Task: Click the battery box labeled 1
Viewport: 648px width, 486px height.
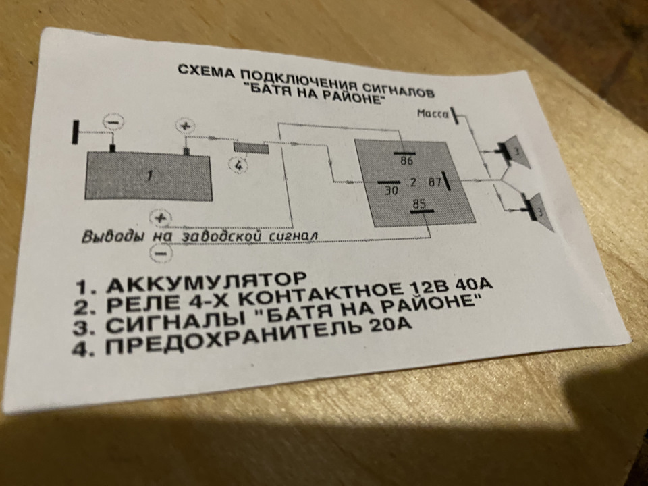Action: pyautogui.click(x=148, y=176)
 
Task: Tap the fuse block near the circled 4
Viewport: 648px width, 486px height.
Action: pyautogui.click(x=251, y=148)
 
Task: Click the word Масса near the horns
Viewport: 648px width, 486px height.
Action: pyautogui.click(x=432, y=113)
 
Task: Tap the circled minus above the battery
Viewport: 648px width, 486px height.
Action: pyautogui.click(x=113, y=122)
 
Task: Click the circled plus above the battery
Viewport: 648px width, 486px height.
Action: pyautogui.click(x=185, y=126)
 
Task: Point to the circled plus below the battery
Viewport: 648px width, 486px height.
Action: pyautogui.click(x=160, y=218)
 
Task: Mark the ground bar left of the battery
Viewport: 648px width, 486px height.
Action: pyautogui.click(x=75, y=132)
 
